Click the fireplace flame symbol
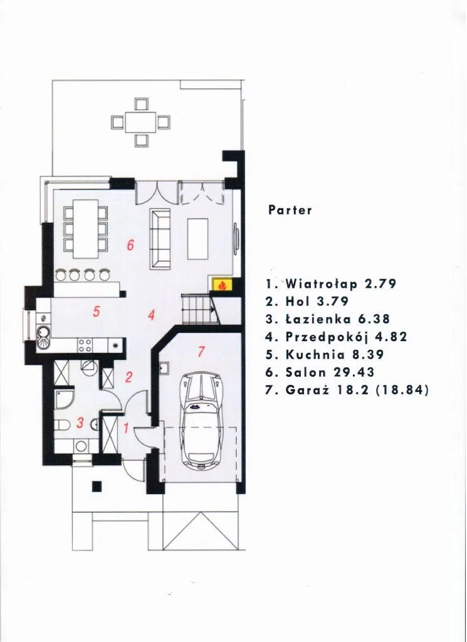pyautogui.click(x=221, y=285)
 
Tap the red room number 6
pyautogui.click(x=130, y=245)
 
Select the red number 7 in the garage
pyautogui.click(x=201, y=352)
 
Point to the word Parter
pyautogui.click(x=290, y=210)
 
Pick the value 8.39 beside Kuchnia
pyautogui.click(x=369, y=355)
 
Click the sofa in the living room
pyautogui.click(x=160, y=239)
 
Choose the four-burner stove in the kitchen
pyautogui.click(x=85, y=345)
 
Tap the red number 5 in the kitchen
pyautogui.click(x=96, y=312)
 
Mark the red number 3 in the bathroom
pyautogui.click(x=80, y=423)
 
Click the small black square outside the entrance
pyautogui.click(x=97, y=486)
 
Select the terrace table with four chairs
pyautogui.click(x=141, y=122)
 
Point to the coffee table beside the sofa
pyautogui.click(x=197, y=239)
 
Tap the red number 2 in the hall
pyautogui.click(x=129, y=377)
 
